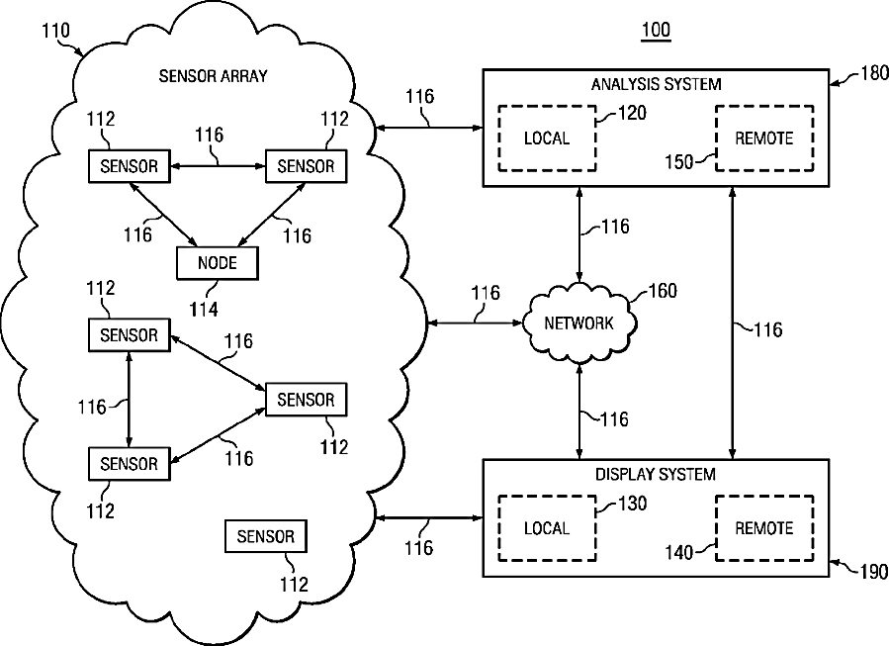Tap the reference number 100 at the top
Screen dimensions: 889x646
[x=656, y=30]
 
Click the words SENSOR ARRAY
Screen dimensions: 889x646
[x=214, y=76]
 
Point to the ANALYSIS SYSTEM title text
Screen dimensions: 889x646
[x=657, y=84]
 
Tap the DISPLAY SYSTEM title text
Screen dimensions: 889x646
[x=656, y=474]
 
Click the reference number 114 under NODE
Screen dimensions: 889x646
[x=204, y=309]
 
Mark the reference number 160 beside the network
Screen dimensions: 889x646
[x=663, y=291]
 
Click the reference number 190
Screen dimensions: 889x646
[x=874, y=572]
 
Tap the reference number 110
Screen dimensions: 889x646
[x=55, y=30]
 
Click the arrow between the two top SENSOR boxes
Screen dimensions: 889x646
[x=219, y=166]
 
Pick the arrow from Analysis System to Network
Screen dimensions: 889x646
[x=578, y=234]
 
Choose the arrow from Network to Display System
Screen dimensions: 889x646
[x=578, y=411]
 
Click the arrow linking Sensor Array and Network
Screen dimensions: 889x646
[x=474, y=323]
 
